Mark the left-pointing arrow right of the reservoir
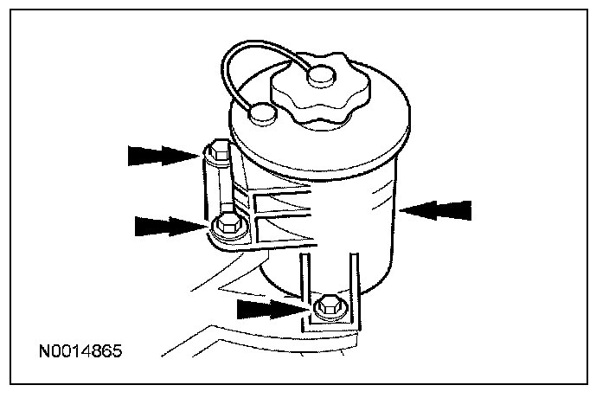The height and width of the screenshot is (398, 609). [438, 209]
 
